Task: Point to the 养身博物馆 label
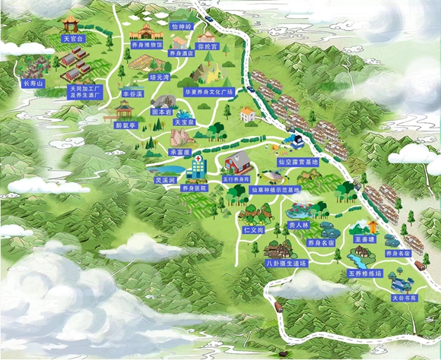pyautogui.click(x=144, y=45)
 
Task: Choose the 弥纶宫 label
pyautogui.click(x=207, y=46)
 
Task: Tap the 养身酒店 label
pyautogui.click(x=182, y=54)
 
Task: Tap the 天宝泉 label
pyautogui.click(x=185, y=122)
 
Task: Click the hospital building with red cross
pyautogui.click(x=195, y=166)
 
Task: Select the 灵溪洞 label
pyautogui.click(x=165, y=181)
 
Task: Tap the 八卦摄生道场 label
pyautogui.click(x=286, y=263)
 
